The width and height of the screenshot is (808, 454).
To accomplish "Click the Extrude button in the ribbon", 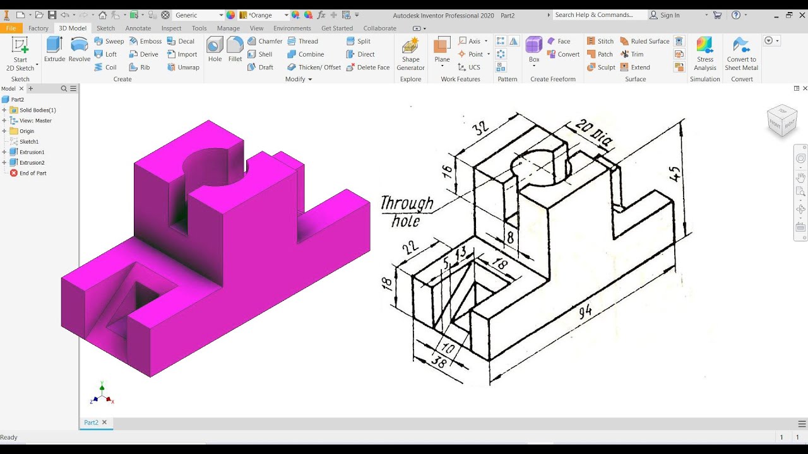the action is (54, 50).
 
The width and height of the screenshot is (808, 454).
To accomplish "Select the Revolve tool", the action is (80, 50).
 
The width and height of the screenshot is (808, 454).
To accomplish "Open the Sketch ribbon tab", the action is (105, 28).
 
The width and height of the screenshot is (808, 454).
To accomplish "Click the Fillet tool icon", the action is (235, 45).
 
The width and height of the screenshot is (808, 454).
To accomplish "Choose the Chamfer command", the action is (265, 41).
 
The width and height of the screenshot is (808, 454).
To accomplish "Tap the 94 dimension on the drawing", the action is (585, 311).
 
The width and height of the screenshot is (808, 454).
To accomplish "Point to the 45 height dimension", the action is (675, 173).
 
